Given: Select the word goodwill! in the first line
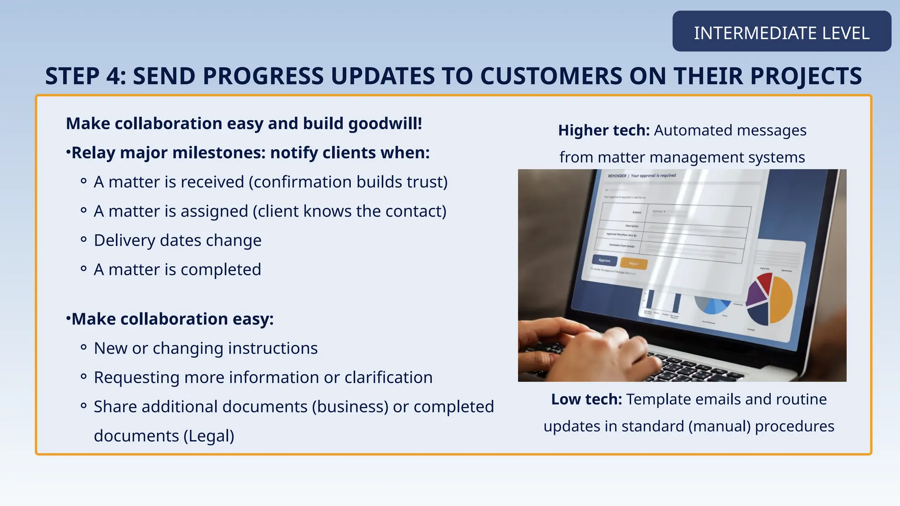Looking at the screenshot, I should (x=385, y=123).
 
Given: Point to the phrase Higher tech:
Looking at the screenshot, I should (x=603, y=130).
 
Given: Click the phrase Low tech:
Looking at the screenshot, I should (x=586, y=399).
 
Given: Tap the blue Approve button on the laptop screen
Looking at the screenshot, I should (x=605, y=260).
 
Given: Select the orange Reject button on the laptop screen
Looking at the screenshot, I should (x=633, y=264).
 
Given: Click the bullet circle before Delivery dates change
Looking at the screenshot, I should (x=83, y=240).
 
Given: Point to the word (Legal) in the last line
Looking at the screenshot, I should (x=209, y=436).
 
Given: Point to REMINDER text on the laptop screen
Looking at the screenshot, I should (x=617, y=176).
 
